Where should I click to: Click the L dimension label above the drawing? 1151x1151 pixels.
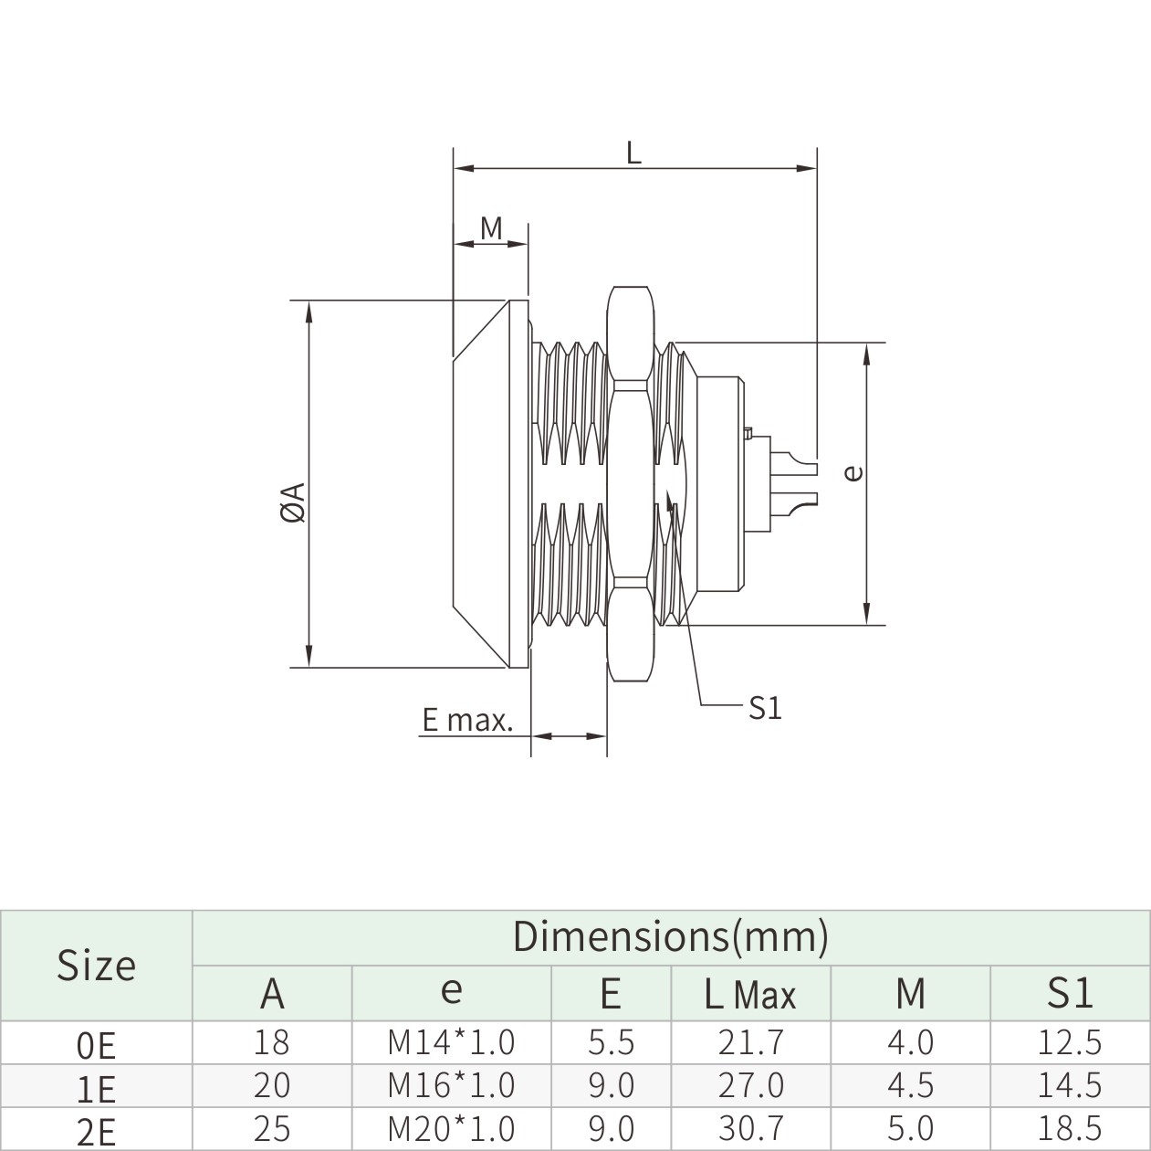(x=633, y=152)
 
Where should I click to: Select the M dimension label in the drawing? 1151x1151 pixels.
(x=491, y=227)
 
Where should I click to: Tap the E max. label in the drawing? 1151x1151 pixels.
(x=466, y=721)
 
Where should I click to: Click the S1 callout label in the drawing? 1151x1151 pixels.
(x=765, y=707)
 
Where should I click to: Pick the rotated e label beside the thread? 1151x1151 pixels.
(x=853, y=472)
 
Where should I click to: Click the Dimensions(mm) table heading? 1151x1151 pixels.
(x=670, y=936)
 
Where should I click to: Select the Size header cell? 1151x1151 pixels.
(x=96, y=965)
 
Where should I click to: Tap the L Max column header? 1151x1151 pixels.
(x=750, y=994)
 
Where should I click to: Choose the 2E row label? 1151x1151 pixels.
(x=97, y=1132)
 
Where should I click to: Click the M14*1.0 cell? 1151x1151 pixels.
(x=451, y=1041)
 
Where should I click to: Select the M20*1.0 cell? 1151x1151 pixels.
(x=451, y=1128)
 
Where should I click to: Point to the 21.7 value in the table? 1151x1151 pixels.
(x=750, y=1041)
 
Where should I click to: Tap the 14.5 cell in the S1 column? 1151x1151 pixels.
(x=1070, y=1085)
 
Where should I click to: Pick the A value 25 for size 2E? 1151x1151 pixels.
(x=272, y=1128)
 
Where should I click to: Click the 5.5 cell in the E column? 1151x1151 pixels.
(x=611, y=1041)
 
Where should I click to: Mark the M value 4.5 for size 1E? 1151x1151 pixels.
(x=910, y=1085)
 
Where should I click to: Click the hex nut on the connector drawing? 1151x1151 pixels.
(x=631, y=484)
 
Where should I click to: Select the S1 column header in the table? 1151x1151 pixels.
(x=1070, y=993)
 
